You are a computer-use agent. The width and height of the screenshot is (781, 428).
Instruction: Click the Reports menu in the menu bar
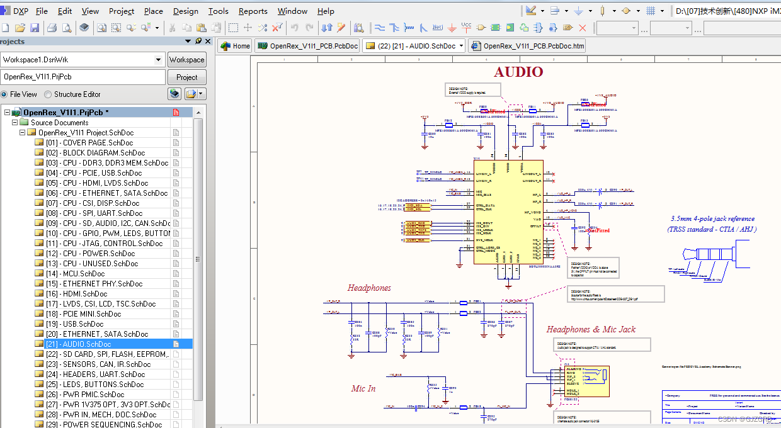click(x=253, y=11)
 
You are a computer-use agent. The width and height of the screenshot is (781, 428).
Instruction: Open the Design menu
click(x=185, y=11)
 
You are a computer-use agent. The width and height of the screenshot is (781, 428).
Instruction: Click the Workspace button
click(x=186, y=60)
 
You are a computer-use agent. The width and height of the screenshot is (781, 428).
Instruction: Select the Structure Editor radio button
click(x=48, y=94)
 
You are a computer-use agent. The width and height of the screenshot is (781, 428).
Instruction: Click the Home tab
click(x=235, y=46)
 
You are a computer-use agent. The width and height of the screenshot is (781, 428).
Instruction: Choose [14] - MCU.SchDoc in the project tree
click(x=75, y=274)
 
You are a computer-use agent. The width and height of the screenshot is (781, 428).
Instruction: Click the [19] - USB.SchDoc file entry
click(x=74, y=324)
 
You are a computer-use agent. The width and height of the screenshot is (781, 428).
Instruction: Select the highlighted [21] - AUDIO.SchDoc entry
click(x=78, y=344)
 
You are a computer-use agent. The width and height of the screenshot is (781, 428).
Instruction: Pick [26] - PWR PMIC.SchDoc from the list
click(x=85, y=395)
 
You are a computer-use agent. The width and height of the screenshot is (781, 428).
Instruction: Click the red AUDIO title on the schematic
click(x=518, y=72)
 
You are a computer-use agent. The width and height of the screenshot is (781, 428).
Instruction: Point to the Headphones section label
click(x=369, y=288)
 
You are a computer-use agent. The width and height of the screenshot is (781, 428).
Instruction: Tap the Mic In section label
click(x=363, y=389)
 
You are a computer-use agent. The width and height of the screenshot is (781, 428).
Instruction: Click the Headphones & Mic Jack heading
click(x=591, y=329)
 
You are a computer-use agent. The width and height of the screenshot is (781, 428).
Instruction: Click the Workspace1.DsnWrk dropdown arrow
click(x=159, y=60)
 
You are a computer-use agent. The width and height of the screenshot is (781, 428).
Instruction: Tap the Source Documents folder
click(x=59, y=123)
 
